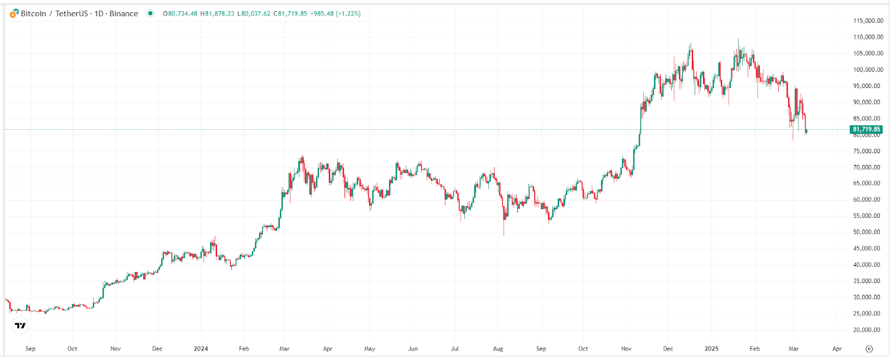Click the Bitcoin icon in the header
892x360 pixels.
[x=14, y=13]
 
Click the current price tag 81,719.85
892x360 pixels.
[x=866, y=129]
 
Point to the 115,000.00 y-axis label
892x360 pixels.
[x=868, y=21]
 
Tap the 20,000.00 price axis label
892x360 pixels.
[x=868, y=330]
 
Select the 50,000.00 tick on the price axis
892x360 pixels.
[x=868, y=232]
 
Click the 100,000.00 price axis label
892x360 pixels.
[x=868, y=70]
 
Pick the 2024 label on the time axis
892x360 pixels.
[x=201, y=349]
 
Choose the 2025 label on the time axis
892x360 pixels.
[x=711, y=349]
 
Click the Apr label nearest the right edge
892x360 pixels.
[x=837, y=349]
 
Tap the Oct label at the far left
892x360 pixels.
[x=72, y=349]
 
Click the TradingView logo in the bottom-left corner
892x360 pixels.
[x=20, y=325]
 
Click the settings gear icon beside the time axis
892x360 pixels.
[x=869, y=349]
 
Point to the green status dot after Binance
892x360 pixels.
[x=150, y=13]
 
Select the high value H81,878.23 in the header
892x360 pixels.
[x=217, y=13]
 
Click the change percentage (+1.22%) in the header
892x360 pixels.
[x=348, y=13]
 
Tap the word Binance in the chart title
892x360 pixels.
[x=124, y=13]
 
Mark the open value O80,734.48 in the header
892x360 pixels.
[x=180, y=13]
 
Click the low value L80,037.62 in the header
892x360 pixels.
[x=254, y=13]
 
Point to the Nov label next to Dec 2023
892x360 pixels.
[x=115, y=349]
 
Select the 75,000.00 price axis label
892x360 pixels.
[x=868, y=151]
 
